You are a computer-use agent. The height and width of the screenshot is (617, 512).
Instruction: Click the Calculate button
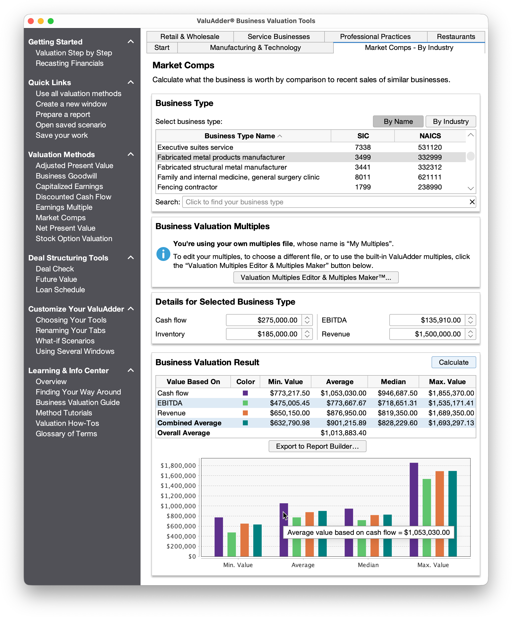tap(453, 362)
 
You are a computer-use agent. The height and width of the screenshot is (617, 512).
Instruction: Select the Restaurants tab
tap(456, 37)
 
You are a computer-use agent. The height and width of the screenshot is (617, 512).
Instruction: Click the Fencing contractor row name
tap(187, 187)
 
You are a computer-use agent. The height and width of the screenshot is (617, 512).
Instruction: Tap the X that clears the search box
tap(472, 202)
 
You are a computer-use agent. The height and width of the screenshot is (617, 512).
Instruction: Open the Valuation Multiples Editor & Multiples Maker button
tap(316, 278)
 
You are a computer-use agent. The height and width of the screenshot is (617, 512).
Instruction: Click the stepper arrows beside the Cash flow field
tap(307, 320)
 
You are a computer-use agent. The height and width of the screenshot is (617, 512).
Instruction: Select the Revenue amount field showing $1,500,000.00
tap(427, 334)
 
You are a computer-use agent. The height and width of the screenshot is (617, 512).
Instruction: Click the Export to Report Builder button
tap(317, 446)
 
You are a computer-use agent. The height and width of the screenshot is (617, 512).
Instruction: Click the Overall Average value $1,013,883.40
tap(343, 433)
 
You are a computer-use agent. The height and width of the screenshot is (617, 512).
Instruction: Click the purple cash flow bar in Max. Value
tap(414, 509)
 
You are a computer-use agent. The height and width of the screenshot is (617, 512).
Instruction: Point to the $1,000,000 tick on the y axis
tap(178, 506)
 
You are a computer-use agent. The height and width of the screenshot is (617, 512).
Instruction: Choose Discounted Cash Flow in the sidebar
tap(73, 197)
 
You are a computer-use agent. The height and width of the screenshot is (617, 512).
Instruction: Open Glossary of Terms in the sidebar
tap(66, 434)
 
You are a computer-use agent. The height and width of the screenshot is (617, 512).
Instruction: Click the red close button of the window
tap(31, 21)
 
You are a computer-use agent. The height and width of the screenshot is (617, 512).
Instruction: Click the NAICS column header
tap(430, 136)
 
